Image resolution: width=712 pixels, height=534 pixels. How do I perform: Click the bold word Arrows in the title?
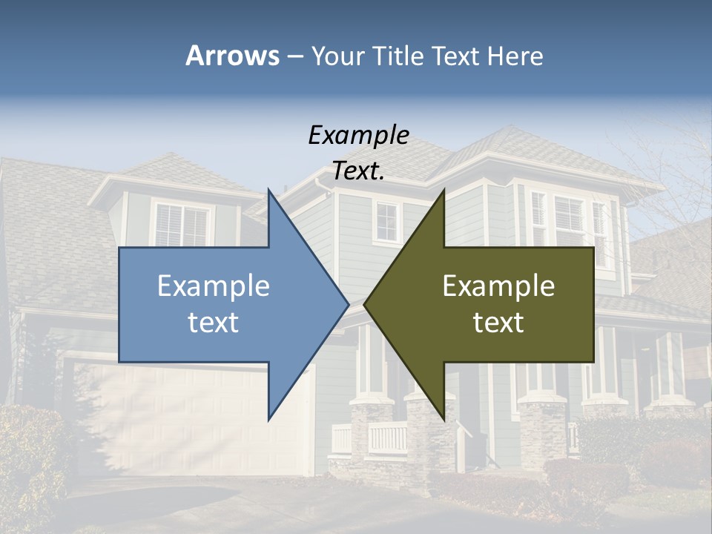coord(232,56)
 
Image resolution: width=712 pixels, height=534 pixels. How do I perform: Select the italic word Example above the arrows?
coord(358,135)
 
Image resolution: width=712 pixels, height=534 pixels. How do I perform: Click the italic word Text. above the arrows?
coord(358,171)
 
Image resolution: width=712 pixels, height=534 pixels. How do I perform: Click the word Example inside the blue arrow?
coord(214,286)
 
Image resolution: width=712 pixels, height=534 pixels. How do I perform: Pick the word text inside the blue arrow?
coord(214,322)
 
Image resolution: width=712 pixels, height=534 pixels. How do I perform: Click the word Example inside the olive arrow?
coord(498,286)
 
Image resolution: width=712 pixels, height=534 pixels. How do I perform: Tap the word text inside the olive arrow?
coord(498,322)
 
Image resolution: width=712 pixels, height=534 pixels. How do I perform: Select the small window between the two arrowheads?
coord(386,222)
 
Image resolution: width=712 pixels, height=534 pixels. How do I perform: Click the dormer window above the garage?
coord(182,225)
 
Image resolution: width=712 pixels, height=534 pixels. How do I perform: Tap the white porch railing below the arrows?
coord(386,438)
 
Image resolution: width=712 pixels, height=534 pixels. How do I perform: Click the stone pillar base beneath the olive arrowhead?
coord(430,438)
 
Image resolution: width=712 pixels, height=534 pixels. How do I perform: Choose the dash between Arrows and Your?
coord(294,56)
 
